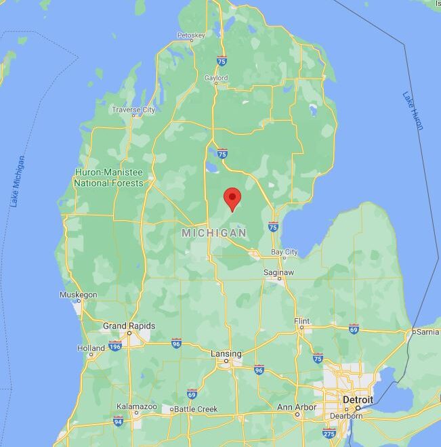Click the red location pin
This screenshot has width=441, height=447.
coord(232,198)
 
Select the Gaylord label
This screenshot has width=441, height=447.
coord(216,79)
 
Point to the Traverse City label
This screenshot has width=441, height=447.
coord(133,110)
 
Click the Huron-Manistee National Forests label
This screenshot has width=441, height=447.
coord(108,178)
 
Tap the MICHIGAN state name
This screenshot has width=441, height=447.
coord(214,233)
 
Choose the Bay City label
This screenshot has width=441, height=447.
coord(284,252)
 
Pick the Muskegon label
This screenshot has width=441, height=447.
coord(79,295)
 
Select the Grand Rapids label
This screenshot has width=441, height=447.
coord(129,326)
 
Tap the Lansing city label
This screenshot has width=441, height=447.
coord(226,354)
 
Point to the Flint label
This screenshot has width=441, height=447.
coord(301,320)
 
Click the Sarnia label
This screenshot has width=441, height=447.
coord(427,332)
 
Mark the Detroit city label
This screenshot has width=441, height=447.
coord(358,400)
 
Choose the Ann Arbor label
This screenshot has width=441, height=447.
coord(297,407)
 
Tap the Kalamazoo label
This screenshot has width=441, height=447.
coord(136,407)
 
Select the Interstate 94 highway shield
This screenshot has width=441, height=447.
coord(119,421)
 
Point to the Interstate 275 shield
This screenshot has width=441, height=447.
coord(329,433)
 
